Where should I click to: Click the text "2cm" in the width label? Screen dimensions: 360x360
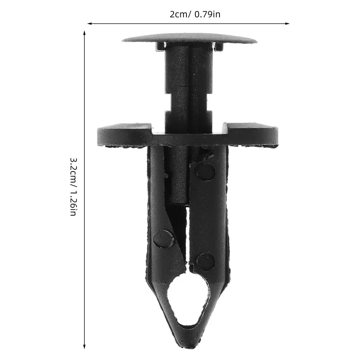(179, 14)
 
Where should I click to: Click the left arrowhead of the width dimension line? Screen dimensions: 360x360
(89, 23)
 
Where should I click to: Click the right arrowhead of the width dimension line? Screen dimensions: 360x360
(287, 23)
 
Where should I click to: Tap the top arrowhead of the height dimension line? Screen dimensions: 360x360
(84, 33)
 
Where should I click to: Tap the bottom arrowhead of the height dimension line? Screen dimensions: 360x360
(84, 346)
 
